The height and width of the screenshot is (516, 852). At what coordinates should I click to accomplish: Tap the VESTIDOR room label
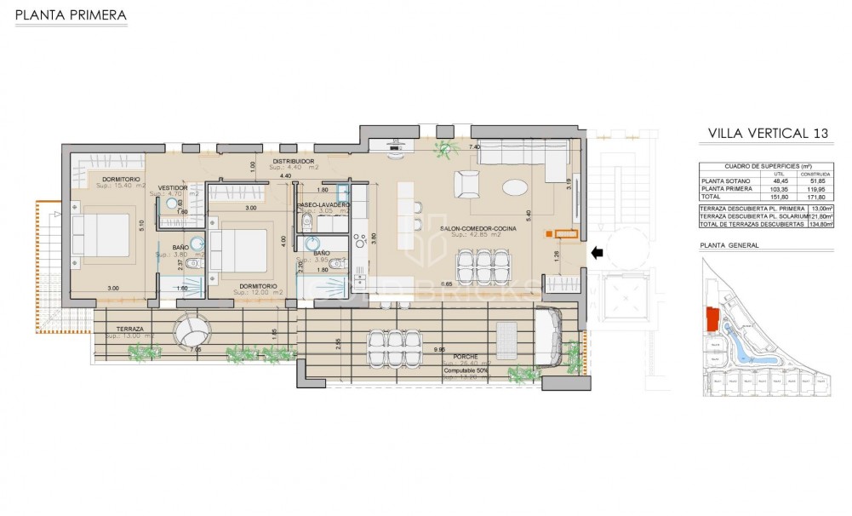click(173, 187)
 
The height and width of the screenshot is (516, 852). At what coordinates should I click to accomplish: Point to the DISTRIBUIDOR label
click(294, 161)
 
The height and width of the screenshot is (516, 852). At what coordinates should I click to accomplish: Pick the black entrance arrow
click(598, 252)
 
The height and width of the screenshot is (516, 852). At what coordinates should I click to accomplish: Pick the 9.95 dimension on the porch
click(439, 349)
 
